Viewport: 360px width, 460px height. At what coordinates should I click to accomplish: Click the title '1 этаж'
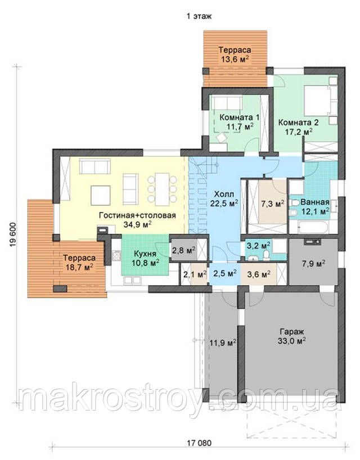199,16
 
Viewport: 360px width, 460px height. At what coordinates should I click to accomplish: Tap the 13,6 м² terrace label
235,55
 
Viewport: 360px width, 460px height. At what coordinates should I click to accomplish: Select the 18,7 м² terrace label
79,262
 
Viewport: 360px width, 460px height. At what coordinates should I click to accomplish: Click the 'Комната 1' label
239,118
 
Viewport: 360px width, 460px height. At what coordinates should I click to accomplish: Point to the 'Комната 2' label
298,121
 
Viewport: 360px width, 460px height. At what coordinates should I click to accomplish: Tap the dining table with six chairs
162,189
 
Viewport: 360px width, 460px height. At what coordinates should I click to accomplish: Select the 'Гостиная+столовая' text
137,215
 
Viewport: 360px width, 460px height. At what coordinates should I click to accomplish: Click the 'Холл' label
224,194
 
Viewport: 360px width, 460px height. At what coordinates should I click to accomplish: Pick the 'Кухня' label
145,253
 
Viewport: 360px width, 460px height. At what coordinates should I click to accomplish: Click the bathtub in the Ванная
311,227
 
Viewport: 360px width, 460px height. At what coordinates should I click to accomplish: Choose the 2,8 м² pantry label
184,250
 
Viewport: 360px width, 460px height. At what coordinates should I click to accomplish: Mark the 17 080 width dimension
199,443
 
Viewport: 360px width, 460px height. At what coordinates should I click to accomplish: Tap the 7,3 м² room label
272,204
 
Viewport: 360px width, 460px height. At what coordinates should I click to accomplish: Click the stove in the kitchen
116,255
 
